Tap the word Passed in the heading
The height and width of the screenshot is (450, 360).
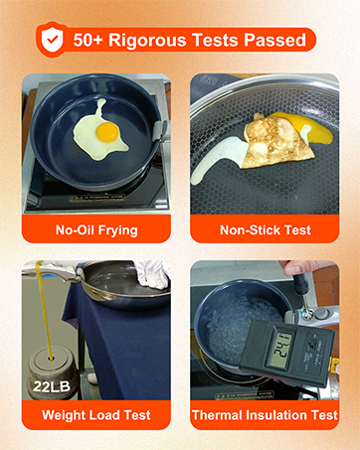(271, 40)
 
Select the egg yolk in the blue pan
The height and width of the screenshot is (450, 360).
(107, 129)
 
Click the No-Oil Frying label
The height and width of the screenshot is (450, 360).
(95, 230)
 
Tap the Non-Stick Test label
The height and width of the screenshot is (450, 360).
(265, 230)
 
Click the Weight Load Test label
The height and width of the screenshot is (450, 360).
(95, 415)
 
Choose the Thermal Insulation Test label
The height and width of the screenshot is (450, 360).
(265, 415)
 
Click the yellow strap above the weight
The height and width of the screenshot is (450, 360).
(41, 298)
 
